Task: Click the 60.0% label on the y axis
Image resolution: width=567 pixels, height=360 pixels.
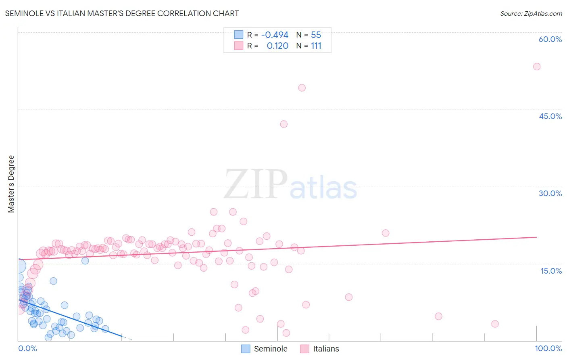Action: pos(550,39)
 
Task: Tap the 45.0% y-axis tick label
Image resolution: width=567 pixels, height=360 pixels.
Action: pos(550,116)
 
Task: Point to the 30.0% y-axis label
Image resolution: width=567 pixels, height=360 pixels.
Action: pos(550,193)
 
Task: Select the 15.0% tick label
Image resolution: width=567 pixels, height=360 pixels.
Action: pos(551,271)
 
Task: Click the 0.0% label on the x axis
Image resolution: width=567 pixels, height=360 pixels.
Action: pos(27,348)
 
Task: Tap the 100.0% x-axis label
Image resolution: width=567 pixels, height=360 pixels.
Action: pos(548,348)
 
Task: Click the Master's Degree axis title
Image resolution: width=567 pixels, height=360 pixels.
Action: pos(11,184)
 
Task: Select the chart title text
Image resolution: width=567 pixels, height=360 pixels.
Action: pos(122,13)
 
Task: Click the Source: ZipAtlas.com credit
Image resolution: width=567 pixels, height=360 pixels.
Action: pos(531,13)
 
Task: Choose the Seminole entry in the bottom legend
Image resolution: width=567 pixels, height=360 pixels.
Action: pos(270,349)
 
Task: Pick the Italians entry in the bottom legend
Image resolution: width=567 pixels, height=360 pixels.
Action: pos(326,349)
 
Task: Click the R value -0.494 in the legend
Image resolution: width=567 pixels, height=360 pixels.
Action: pos(275,35)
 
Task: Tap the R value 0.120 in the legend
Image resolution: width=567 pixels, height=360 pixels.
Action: pos(277,46)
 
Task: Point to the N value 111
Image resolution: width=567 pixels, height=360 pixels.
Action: pos(316,46)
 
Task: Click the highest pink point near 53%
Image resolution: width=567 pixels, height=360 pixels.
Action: pos(537,67)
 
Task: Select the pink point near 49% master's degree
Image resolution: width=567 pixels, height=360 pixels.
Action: pos(302,88)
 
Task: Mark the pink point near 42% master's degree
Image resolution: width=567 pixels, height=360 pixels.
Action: pos(283,124)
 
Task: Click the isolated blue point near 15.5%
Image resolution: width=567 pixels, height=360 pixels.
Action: pos(85,261)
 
